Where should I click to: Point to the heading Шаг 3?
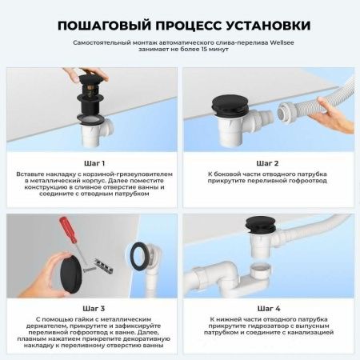(91, 307)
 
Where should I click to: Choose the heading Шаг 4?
(267, 307)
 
